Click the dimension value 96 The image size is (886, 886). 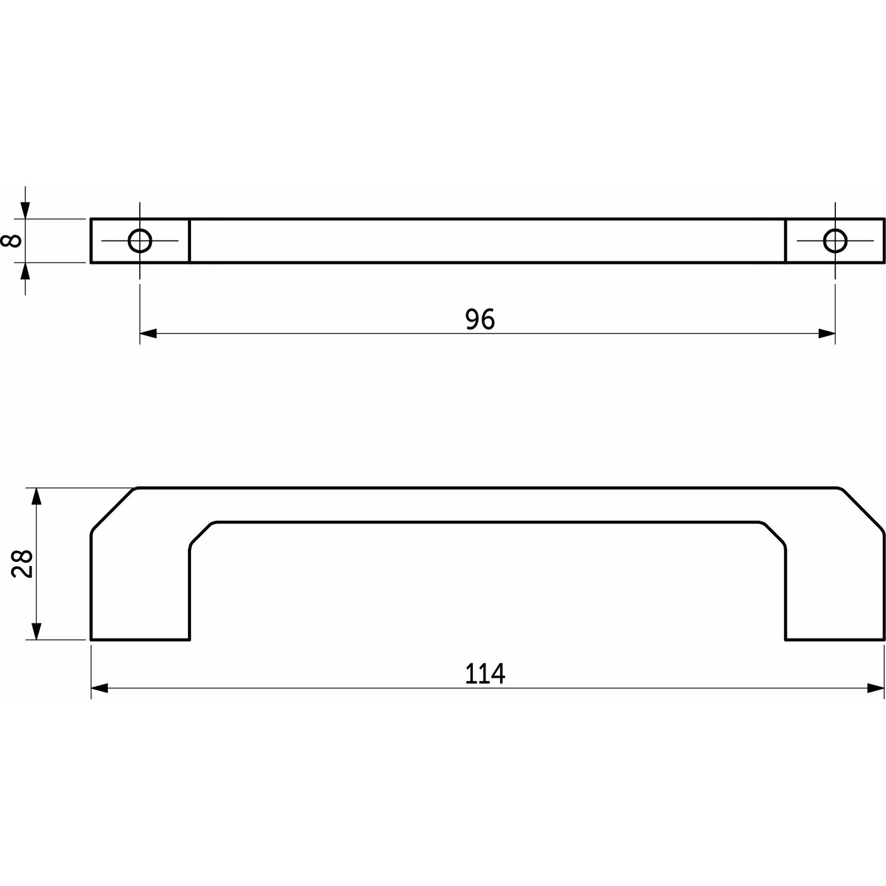[480, 320]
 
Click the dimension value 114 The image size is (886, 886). [485, 674]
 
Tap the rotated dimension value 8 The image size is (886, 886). [11, 240]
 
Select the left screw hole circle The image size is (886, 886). [140, 240]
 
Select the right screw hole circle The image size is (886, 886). [835, 240]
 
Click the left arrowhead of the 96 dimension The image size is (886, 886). [148, 334]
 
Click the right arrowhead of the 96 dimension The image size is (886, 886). [827, 334]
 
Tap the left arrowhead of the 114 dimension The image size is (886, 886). [99, 689]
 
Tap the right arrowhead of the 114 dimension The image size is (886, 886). [876, 689]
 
